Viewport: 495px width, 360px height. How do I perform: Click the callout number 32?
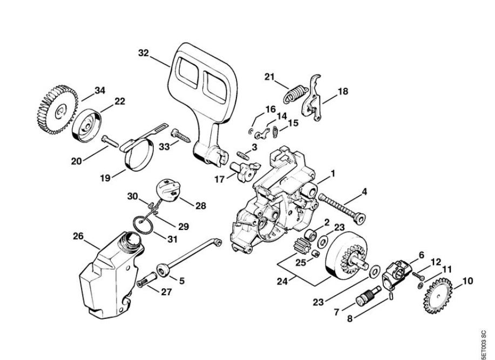pyautogui.click(x=143, y=53)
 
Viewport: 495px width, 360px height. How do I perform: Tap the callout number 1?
pyautogui.click(x=333, y=174)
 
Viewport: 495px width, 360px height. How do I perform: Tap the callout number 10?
pyautogui.click(x=467, y=280)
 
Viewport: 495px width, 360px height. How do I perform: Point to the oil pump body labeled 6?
pyautogui.click(x=398, y=271)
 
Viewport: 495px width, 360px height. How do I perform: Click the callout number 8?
pyautogui.click(x=350, y=318)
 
